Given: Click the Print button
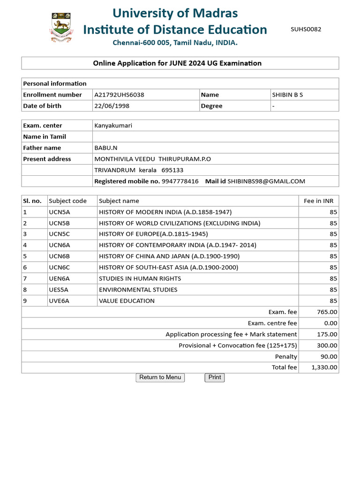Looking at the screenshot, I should click(215, 377).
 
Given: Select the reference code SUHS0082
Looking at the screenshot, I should click(306, 29).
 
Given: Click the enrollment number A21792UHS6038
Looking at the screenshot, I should click(119, 95).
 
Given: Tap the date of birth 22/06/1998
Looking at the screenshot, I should click(112, 106).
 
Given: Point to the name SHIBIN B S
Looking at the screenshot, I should click(287, 95).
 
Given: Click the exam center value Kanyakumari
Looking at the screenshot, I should click(113, 126).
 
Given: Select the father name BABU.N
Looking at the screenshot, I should click(106, 148).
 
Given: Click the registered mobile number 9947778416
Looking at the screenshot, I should click(180, 181).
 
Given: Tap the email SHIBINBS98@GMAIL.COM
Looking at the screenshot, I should click(266, 181).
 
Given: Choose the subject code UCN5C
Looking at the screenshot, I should click(60, 234).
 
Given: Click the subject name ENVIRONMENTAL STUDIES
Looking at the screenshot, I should click(138, 290).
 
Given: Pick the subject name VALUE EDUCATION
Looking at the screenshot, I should click(127, 301).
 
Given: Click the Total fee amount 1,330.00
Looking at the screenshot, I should click(324, 367).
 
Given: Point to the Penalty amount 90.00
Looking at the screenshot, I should click(329, 357).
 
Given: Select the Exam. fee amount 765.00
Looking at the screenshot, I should click(327, 312).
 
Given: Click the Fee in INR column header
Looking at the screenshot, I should click(318, 201).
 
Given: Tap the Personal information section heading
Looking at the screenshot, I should click(55, 83).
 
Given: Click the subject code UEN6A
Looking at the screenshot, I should click(60, 278).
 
